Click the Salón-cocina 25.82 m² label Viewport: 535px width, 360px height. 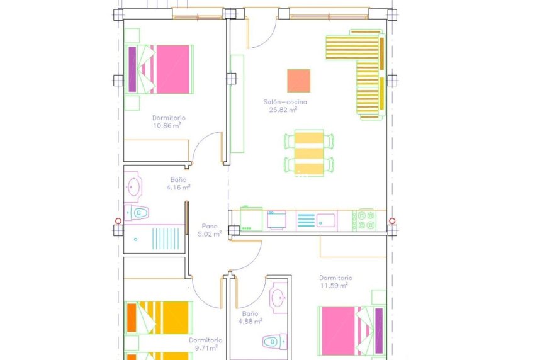click(281, 105)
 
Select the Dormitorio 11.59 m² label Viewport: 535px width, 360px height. click(335, 281)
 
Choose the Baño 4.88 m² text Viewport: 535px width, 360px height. click(250, 317)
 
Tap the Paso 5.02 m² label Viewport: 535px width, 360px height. click(210, 230)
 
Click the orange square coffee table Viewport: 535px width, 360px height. click(298, 81)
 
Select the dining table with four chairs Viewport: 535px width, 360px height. click(309, 152)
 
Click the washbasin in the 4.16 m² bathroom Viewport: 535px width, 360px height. click(133, 186)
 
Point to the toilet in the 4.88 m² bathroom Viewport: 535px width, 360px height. click(272, 342)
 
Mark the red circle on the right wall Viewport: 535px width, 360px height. click(392, 221)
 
